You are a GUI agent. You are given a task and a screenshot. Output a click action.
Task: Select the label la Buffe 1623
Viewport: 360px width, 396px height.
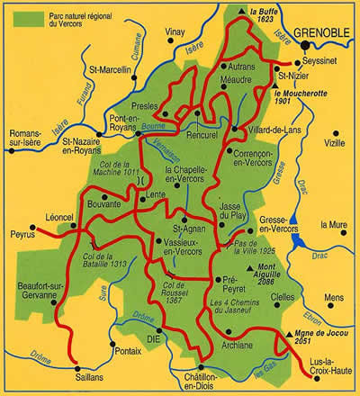253,15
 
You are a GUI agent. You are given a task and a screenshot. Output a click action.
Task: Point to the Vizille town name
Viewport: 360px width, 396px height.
334,143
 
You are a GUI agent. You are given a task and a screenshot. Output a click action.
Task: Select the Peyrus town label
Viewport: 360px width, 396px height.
20,233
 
